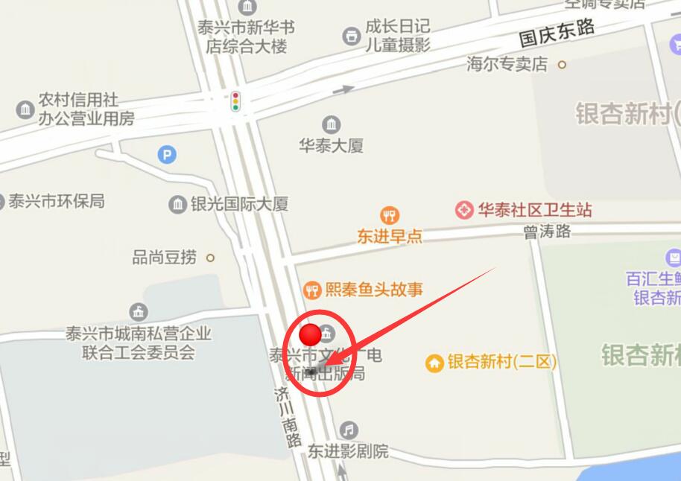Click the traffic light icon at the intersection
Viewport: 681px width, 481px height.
point(235,101)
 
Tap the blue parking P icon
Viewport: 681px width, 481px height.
point(168,155)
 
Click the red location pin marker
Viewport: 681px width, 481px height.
point(310,334)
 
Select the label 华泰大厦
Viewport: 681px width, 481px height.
point(332,146)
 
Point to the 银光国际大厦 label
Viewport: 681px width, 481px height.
point(239,204)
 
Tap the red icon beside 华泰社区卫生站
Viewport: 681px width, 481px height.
point(465,210)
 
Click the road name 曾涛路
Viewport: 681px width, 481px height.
point(547,232)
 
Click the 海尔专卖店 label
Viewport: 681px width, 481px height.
point(507,64)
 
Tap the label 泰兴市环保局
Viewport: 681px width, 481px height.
point(57,201)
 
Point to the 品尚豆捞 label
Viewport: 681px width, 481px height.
point(165,258)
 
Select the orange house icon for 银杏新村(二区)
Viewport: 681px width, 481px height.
point(434,363)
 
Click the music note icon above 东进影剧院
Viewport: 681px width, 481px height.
point(348,430)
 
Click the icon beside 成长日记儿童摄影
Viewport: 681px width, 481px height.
point(351,35)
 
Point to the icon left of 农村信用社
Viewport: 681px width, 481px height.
point(25,109)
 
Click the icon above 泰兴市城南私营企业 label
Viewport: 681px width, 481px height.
point(138,312)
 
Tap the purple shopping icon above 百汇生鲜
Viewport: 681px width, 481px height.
point(674,258)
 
